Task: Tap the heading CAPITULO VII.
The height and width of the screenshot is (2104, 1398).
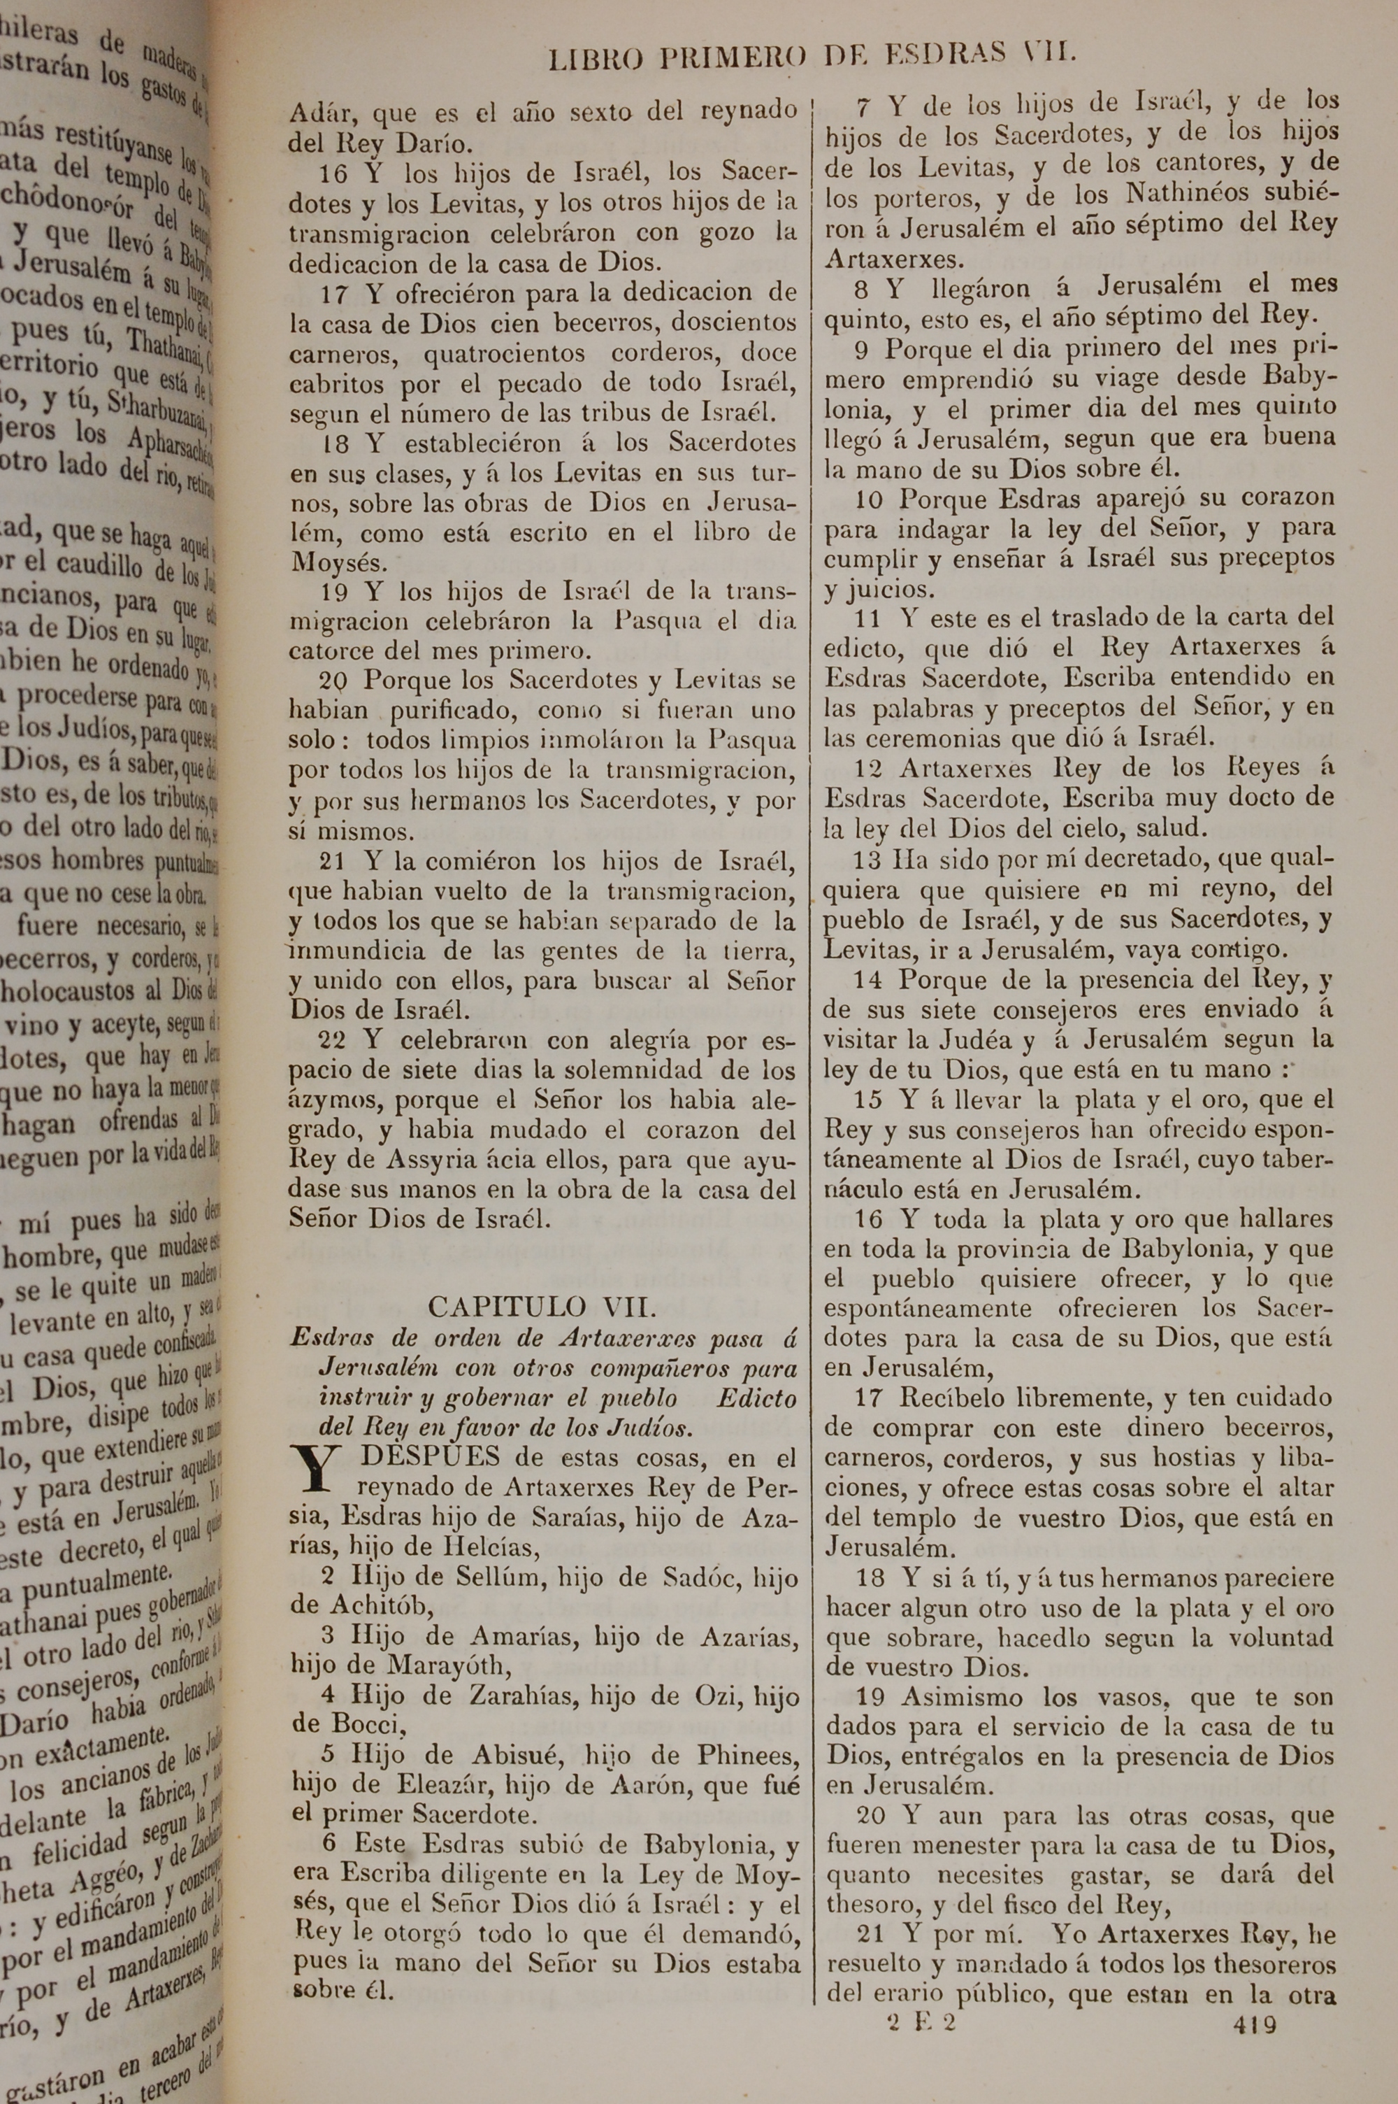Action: (x=543, y=1307)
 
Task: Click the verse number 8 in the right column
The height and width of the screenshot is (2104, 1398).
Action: (x=861, y=288)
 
